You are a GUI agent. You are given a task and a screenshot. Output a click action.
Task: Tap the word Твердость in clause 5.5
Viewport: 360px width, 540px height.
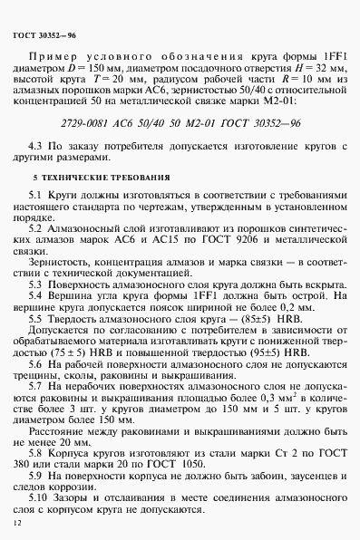click(89, 321)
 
